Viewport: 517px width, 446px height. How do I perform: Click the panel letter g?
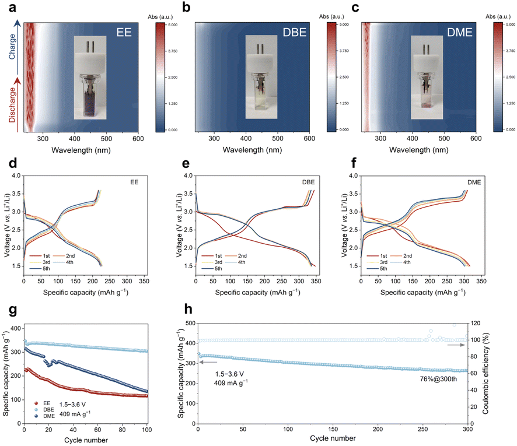[x=12, y=310]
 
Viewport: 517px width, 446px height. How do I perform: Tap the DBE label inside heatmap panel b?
[x=295, y=32]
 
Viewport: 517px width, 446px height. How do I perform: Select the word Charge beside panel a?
[x=12, y=47]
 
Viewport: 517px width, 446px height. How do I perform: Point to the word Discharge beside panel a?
[x=12, y=105]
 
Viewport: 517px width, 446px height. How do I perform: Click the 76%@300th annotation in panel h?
[x=438, y=379]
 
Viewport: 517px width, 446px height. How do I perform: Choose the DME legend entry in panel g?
[x=44, y=416]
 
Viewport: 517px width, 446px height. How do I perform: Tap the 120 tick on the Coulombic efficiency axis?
[x=475, y=323]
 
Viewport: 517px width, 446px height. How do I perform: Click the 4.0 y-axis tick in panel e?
[x=188, y=175]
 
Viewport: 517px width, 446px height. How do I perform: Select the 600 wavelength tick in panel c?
[x=476, y=139]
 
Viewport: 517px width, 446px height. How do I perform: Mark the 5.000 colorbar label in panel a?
[x=173, y=24]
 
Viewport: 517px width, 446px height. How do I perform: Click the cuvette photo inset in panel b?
[x=261, y=77]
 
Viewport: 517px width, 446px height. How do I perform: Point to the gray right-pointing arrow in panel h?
[x=456, y=345]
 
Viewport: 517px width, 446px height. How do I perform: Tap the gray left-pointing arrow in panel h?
[x=208, y=362]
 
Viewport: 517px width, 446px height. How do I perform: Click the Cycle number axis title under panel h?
[x=333, y=438]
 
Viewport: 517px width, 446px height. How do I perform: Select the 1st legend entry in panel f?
[x=377, y=255]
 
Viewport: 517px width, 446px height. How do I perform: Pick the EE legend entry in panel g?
[x=43, y=403]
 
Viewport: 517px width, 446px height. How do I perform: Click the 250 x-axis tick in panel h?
[x=422, y=429]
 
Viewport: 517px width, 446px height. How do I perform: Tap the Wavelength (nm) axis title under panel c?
[x=419, y=150]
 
